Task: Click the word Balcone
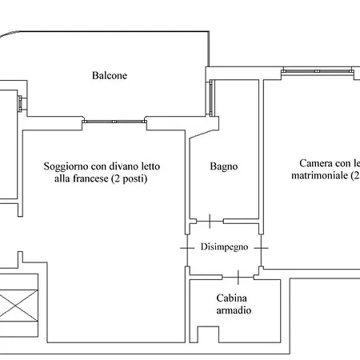click(x=110, y=76)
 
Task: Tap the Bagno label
click(x=224, y=167)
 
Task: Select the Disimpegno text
click(x=225, y=246)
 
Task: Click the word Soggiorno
click(x=66, y=166)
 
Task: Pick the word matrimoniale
click(x=319, y=175)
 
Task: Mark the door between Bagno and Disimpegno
click(x=209, y=220)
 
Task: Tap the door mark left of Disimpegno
click(x=186, y=248)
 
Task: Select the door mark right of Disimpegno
click(x=262, y=248)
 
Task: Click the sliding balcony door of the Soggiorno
click(x=114, y=122)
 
